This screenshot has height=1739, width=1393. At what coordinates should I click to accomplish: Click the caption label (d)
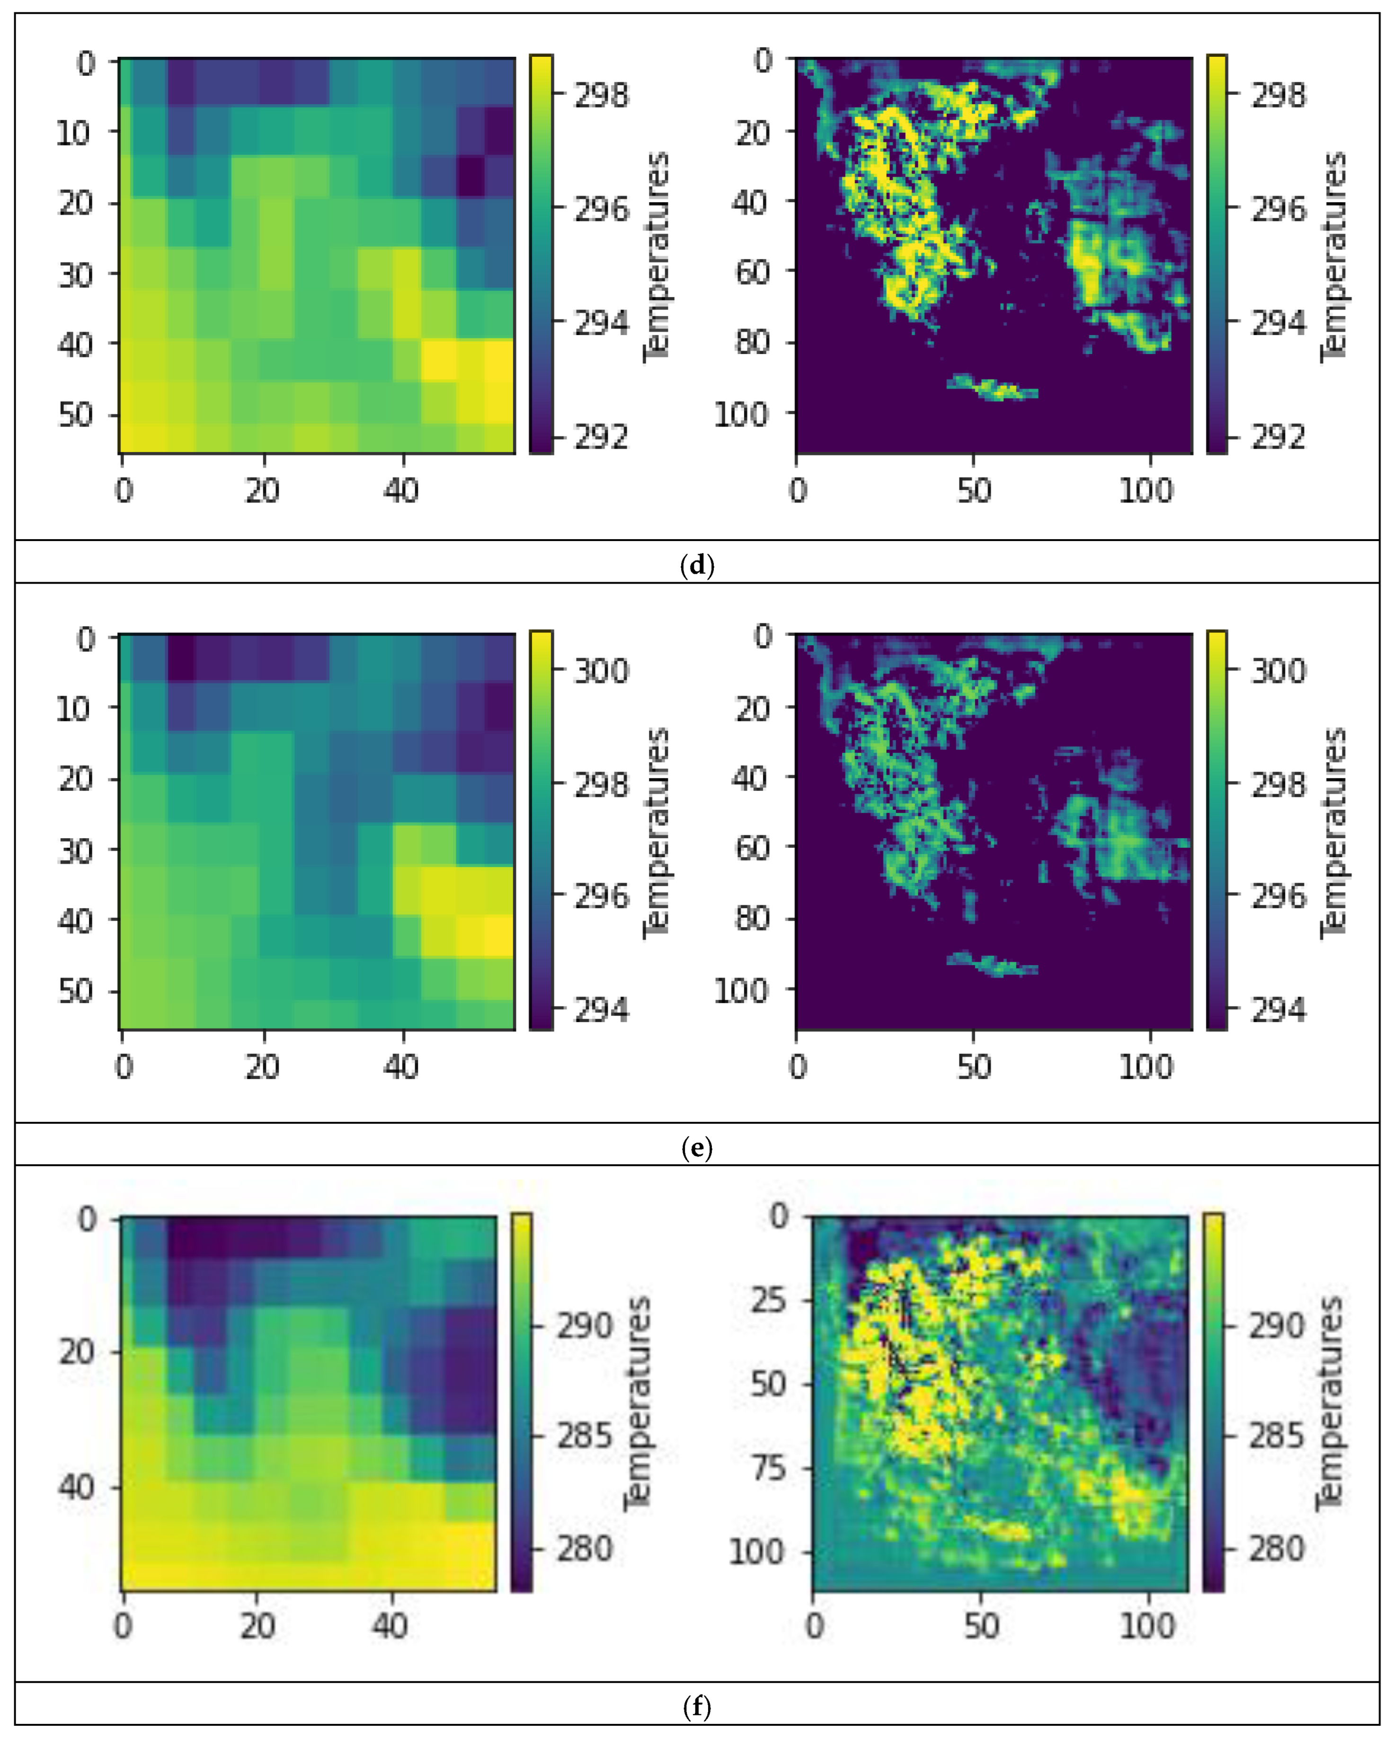coord(697,566)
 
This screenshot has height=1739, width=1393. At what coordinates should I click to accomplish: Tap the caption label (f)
coord(697,1706)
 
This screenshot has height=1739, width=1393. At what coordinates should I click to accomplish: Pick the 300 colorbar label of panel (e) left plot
coord(601,670)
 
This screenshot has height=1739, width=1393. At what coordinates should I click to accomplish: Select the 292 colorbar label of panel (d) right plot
coord(1278,437)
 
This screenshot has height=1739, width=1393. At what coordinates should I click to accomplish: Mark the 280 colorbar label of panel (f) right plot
coord(1276,1548)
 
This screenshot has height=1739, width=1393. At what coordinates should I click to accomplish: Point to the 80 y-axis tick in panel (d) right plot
coord(754,342)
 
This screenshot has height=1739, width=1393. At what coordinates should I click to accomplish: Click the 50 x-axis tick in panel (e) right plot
coord(974,1067)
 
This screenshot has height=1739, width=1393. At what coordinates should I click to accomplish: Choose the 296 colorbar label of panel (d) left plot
coord(601,209)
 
